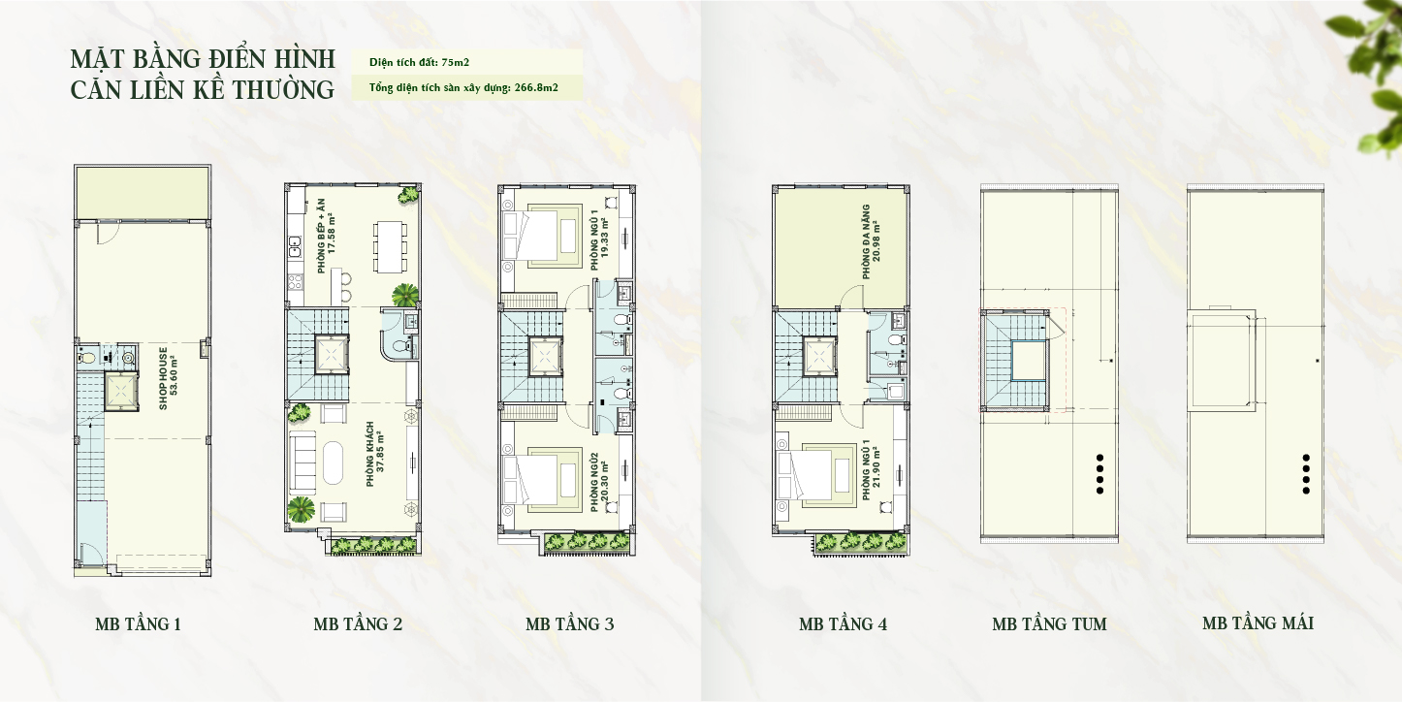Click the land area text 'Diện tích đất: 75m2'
click(x=420, y=62)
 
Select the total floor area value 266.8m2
click(x=536, y=87)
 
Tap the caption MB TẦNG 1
click(x=139, y=623)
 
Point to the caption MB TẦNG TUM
click(x=1049, y=623)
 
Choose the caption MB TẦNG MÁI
click(x=1259, y=623)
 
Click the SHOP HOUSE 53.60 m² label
click(x=169, y=378)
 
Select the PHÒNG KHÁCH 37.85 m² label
click(x=374, y=454)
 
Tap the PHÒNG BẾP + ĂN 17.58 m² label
click(x=326, y=236)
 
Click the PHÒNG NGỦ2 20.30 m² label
click(x=599, y=483)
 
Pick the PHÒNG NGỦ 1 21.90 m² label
click(x=872, y=469)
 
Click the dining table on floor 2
click(x=391, y=246)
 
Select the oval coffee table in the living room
click(x=333, y=463)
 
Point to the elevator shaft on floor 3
click(x=547, y=356)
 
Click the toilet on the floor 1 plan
click(x=85, y=358)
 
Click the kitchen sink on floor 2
click(x=294, y=247)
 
